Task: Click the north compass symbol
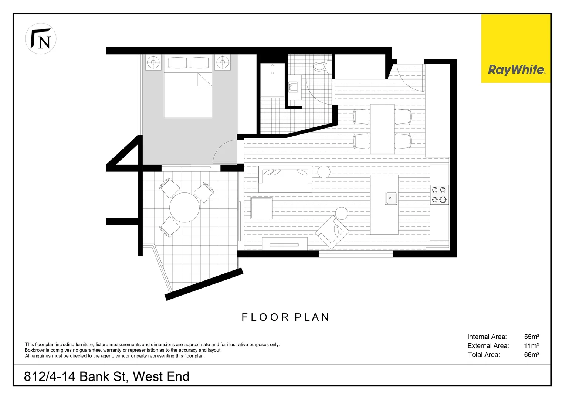click(x=41, y=39)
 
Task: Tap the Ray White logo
click(x=516, y=69)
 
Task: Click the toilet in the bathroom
click(x=320, y=66)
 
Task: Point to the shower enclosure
click(x=273, y=80)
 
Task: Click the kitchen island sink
click(x=390, y=198)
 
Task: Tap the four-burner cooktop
click(x=439, y=195)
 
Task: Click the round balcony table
click(x=184, y=207)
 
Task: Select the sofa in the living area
click(x=285, y=179)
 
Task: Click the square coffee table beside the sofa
click(x=261, y=208)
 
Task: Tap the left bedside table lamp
click(x=153, y=62)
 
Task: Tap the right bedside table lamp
click(x=223, y=62)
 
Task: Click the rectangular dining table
click(x=382, y=129)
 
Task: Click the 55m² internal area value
click(x=531, y=337)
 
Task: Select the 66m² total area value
click(x=531, y=355)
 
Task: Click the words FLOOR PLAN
click(x=285, y=317)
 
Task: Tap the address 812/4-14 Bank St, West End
click(x=106, y=376)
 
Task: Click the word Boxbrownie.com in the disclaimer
click(x=42, y=350)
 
